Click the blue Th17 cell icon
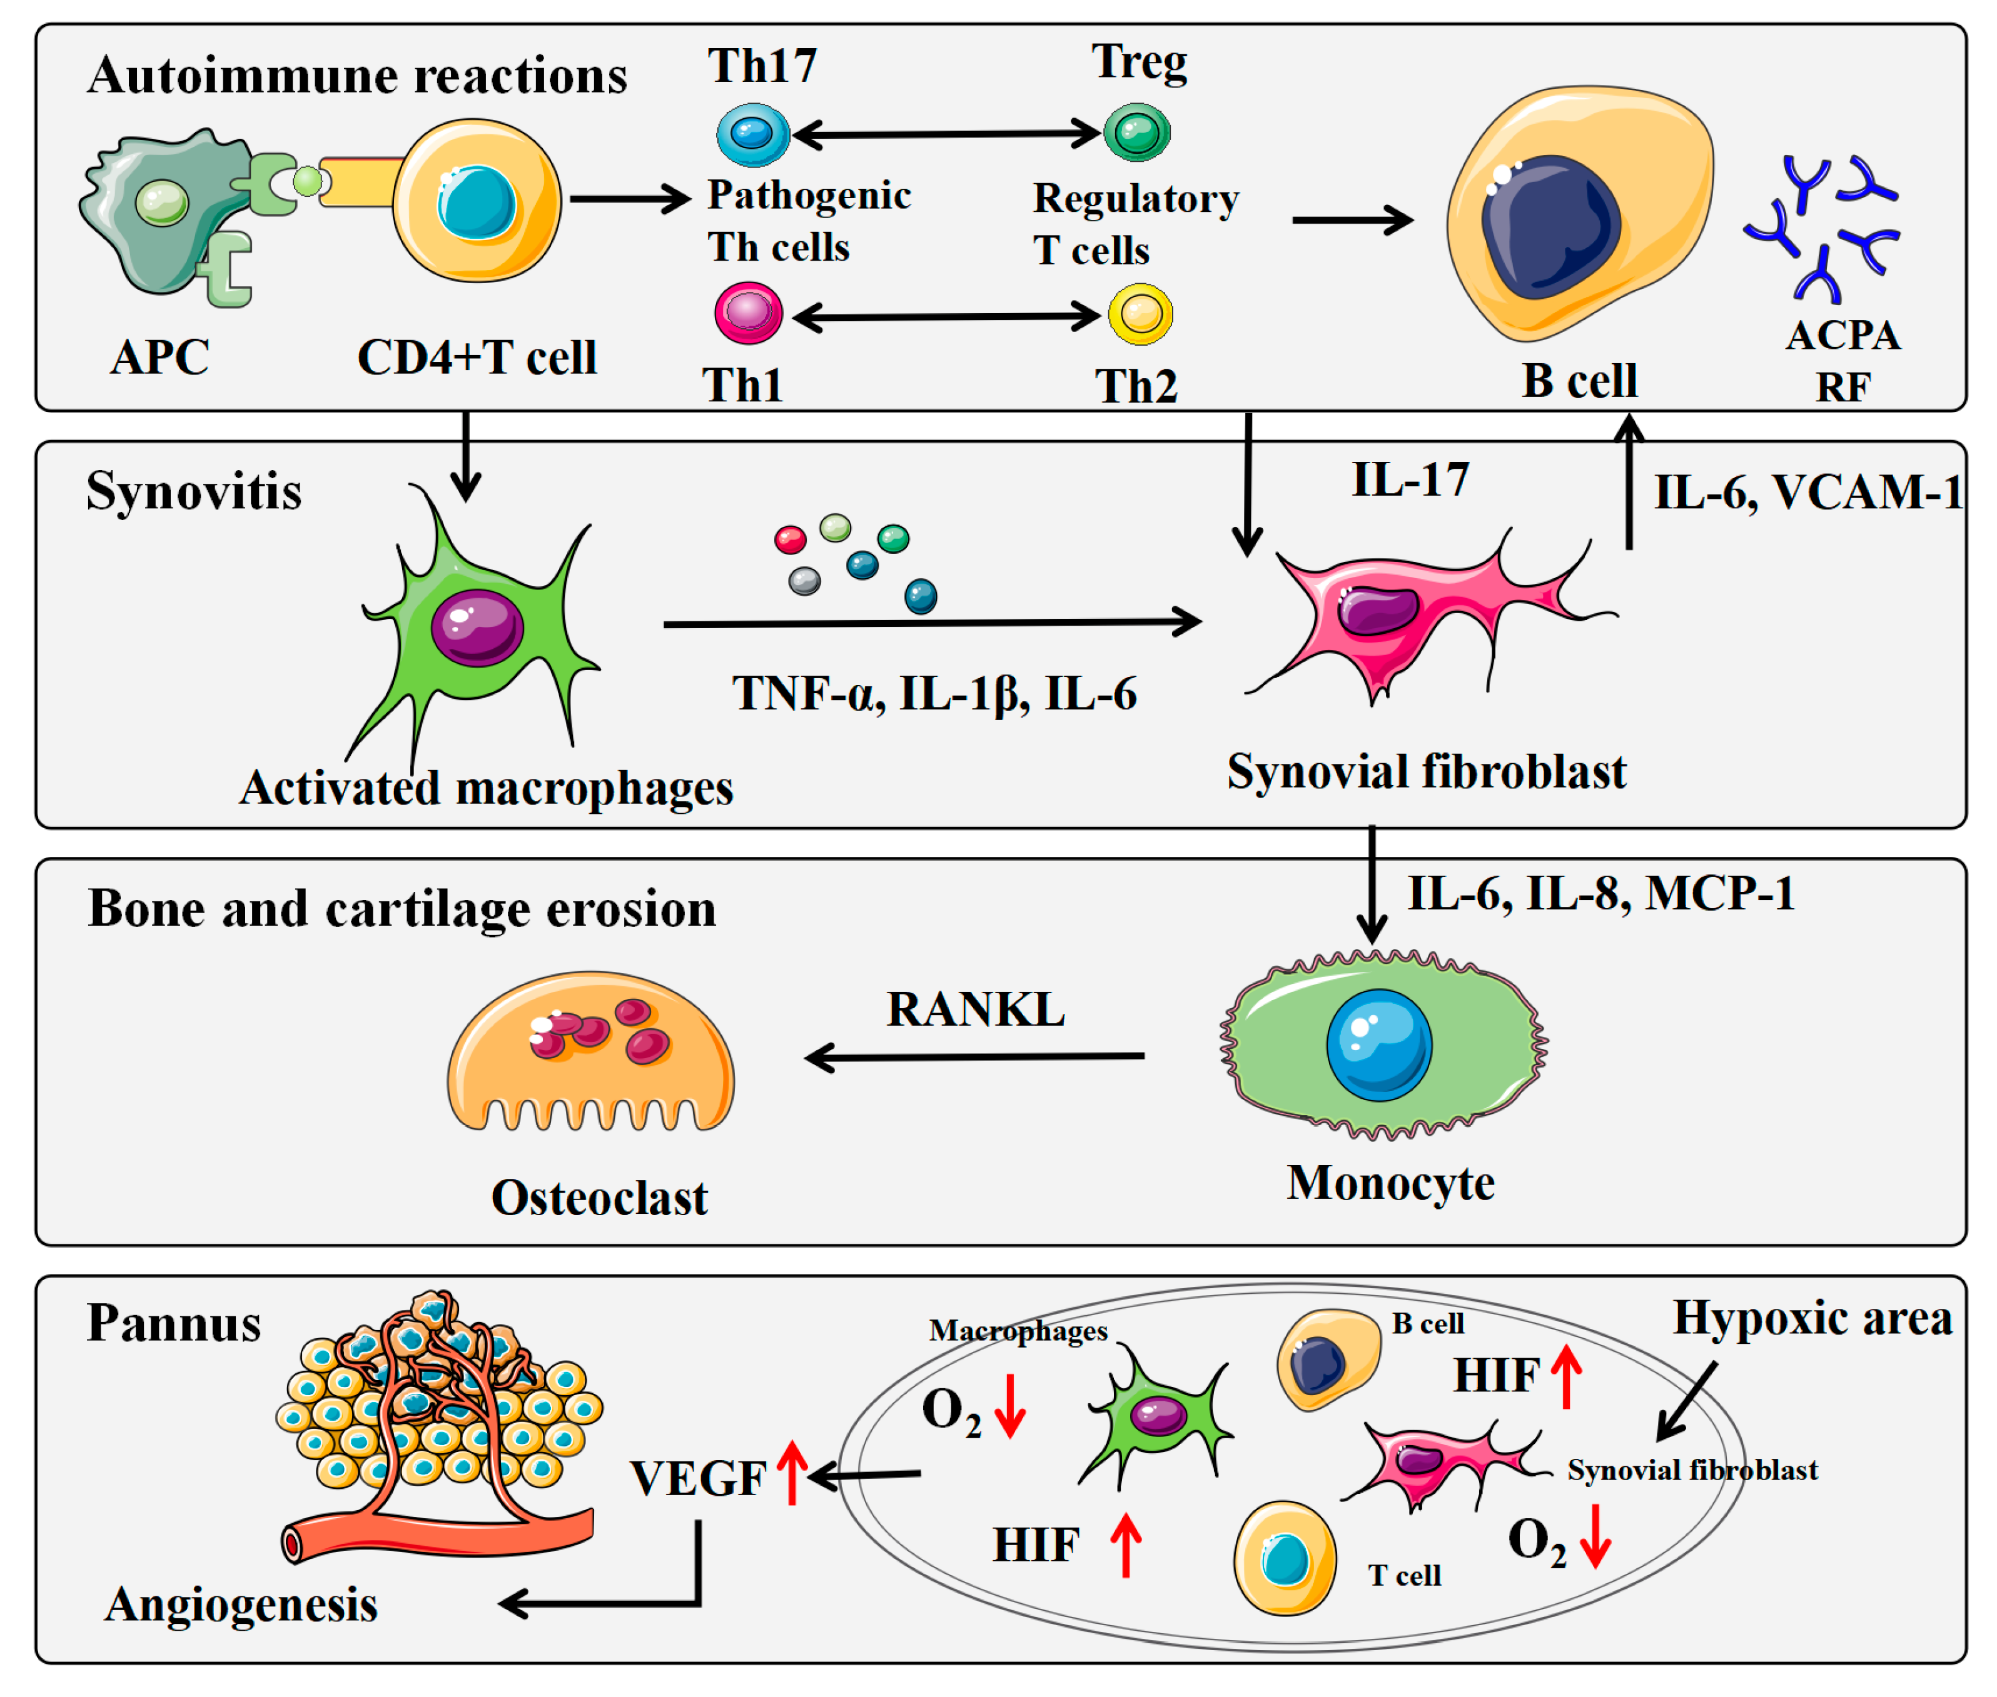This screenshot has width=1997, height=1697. [752, 134]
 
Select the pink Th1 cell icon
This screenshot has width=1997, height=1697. [748, 313]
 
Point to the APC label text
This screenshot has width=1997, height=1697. [159, 357]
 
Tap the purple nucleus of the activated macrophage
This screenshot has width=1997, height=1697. [477, 628]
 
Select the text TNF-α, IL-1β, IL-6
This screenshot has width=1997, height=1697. [934, 694]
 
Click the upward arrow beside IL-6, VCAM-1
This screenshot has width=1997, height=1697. [1629, 481]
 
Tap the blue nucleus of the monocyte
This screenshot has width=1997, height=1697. [1378, 1044]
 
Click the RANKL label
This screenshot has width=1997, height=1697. [975, 1009]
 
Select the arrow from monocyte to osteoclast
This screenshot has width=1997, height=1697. [972, 1056]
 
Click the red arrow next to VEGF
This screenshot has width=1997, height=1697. [792, 1472]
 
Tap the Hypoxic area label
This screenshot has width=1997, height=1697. [1812, 1317]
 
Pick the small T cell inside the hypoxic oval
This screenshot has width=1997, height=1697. [1284, 1558]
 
